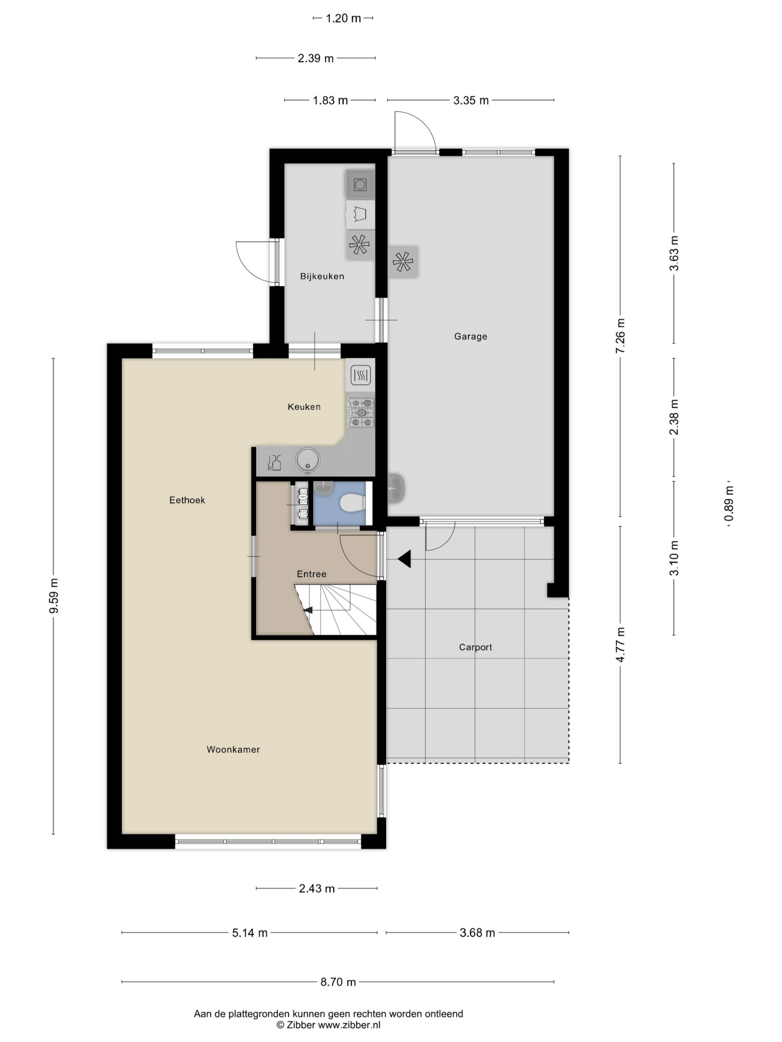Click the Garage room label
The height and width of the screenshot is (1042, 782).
pos(470,336)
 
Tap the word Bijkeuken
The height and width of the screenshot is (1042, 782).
pos(322,276)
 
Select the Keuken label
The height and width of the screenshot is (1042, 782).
pos(304,407)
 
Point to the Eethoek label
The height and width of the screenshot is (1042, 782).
pos(187,500)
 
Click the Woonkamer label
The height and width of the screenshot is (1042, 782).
pos(233,749)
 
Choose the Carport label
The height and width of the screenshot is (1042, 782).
pos(475,647)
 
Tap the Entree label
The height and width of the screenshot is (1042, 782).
pos(312,574)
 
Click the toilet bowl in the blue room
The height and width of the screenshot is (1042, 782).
pos(353,503)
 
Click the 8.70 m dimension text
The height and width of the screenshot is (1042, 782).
pos(338,982)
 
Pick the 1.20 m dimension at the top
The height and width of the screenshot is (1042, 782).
pos(343,18)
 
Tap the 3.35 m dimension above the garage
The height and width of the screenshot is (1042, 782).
pos(471,101)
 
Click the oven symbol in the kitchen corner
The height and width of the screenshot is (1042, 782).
pos(360,375)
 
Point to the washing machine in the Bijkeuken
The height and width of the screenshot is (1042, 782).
pos(360,185)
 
